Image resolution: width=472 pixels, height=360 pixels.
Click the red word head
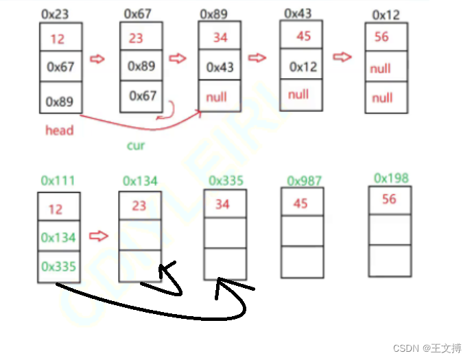(x=59, y=130)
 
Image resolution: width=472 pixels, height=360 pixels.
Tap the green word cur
(x=136, y=145)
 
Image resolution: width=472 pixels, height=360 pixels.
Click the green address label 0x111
(x=58, y=180)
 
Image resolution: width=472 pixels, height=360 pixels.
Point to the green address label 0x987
(x=304, y=180)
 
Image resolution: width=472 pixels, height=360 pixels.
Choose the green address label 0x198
(x=391, y=178)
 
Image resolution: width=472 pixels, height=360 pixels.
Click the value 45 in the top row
(x=303, y=36)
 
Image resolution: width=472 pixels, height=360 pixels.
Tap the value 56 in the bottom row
(x=389, y=199)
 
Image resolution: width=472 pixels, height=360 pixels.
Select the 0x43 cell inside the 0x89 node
(x=220, y=67)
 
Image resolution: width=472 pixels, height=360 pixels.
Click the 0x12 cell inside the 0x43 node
(x=303, y=67)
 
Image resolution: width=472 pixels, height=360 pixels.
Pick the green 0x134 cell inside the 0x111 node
(x=58, y=238)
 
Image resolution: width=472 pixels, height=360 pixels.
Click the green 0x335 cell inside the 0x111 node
(x=58, y=267)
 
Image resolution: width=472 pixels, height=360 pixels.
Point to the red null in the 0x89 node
(x=216, y=97)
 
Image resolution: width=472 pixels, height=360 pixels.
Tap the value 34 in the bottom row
(x=222, y=204)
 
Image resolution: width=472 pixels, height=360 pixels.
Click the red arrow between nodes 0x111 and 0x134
(x=99, y=237)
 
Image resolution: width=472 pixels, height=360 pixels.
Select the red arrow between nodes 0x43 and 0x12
(x=342, y=57)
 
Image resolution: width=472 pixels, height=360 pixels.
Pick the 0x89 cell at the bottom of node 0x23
(x=60, y=101)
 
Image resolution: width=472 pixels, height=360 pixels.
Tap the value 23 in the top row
(x=136, y=38)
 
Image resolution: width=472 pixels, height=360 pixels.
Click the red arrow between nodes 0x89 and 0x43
(x=257, y=58)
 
